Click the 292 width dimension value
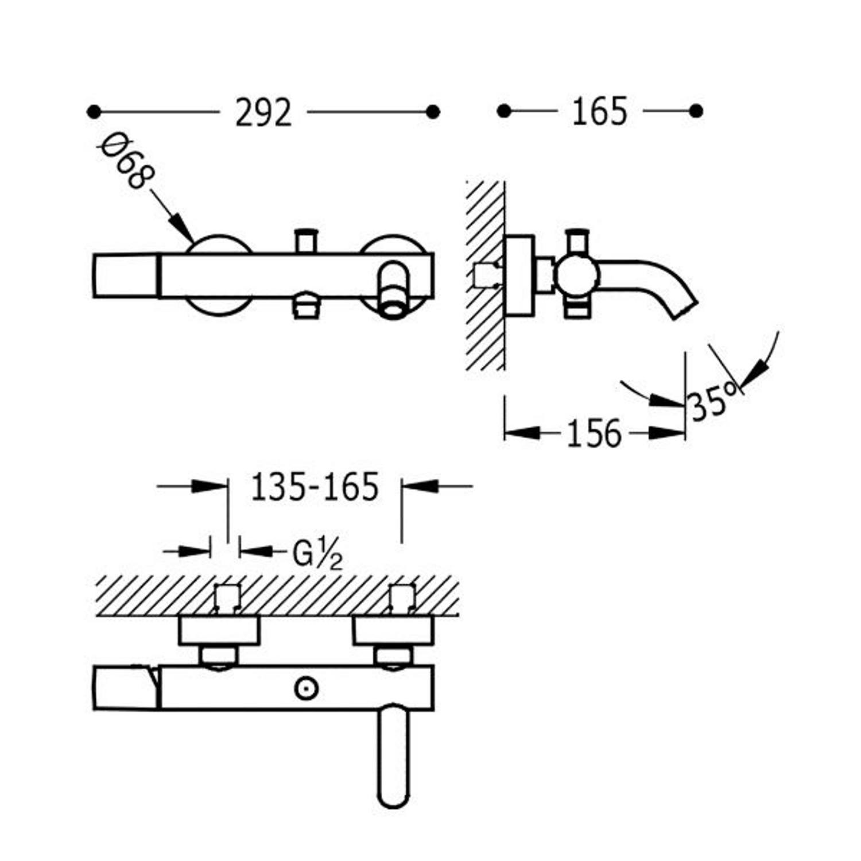[x=263, y=113]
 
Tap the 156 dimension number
[x=594, y=433]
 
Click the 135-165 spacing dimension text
[x=315, y=487]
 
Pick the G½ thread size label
[x=317, y=554]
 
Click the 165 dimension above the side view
[x=599, y=111]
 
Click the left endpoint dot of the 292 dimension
[x=94, y=111]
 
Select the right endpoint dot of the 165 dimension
[x=696, y=111]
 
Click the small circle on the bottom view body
[x=306, y=688]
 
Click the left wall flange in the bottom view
[x=219, y=630]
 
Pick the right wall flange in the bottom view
[x=393, y=630]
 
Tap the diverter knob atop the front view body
[x=306, y=240]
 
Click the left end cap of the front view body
[x=125, y=276]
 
